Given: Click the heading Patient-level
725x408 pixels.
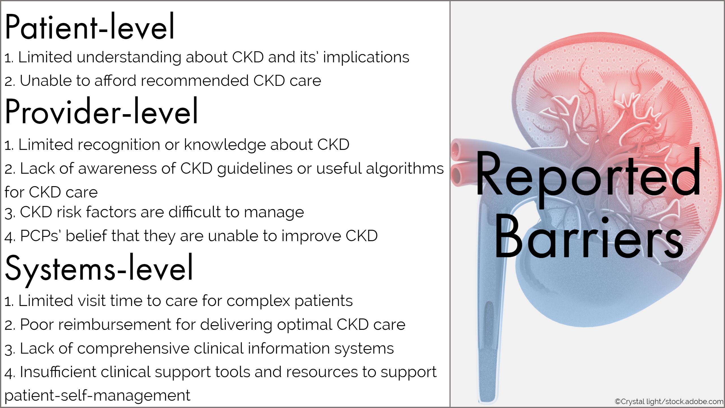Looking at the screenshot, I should [x=89, y=27].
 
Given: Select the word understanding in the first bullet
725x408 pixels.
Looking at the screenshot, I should [x=129, y=57].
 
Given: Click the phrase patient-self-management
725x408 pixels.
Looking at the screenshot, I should [x=97, y=396].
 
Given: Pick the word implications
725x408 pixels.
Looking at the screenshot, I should [x=366, y=57].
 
